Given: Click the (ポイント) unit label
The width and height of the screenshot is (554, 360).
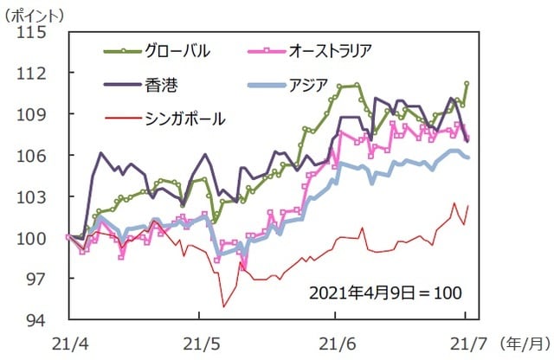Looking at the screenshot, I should [38, 11].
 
